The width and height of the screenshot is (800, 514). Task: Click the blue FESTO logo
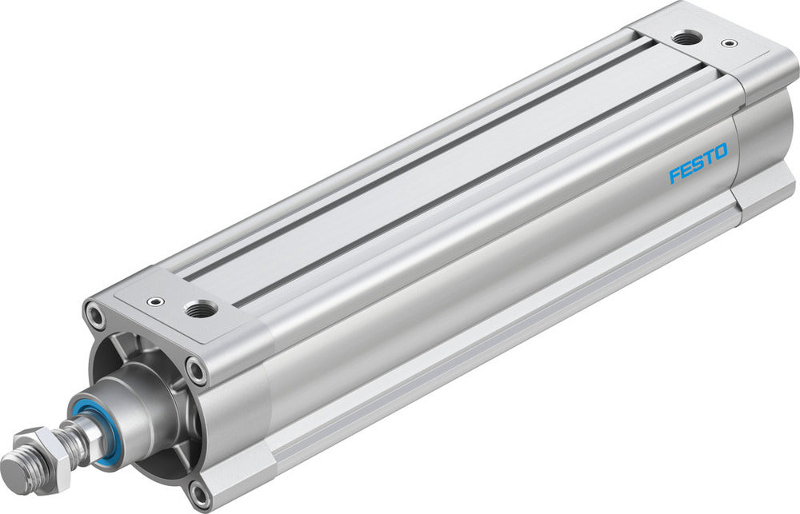click(x=698, y=163)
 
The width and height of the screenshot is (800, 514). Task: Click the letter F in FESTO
click(x=674, y=174)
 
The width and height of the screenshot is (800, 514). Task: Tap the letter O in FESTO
click(x=721, y=153)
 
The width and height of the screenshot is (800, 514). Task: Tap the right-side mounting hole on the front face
click(x=196, y=369)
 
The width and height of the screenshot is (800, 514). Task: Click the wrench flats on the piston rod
click(x=80, y=436)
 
